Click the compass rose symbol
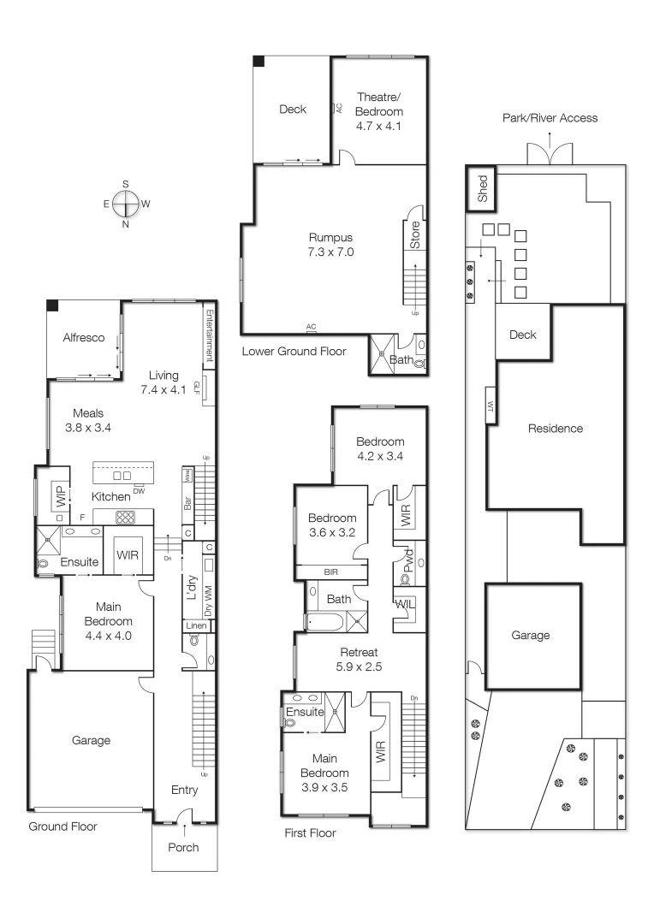pos(126,204)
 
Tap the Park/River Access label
pos(550,118)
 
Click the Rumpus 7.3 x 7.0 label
pos(331,245)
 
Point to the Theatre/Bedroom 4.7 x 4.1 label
pos(379,112)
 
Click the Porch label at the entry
pos(183,847)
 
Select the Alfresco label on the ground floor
pos(84,338)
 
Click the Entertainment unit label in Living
pos(208,336)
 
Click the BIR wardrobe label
pos(331,571)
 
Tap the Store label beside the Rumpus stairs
pos(415,235)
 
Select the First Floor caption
pos(310,832)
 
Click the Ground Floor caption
pos(62,826)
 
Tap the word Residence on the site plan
pos(555,429)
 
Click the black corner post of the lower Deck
pos(258,61)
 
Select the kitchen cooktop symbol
pos(126,517)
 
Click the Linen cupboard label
pos(196,626)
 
